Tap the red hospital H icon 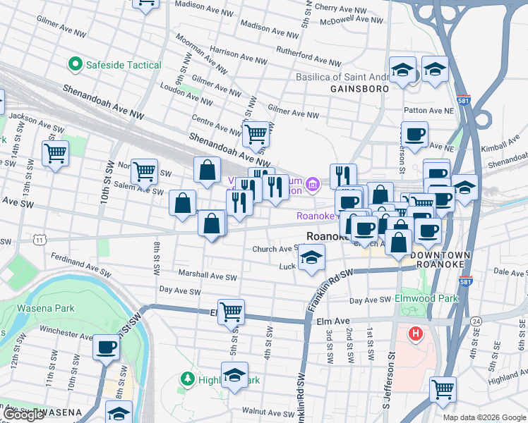coord(416,333)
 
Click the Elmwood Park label coord(426,298)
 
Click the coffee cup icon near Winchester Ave coord(107,347)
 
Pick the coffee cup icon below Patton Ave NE coord(414,133)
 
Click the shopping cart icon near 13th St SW coord(55,152)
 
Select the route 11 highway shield coord(40,240)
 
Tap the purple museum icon coord(313,185)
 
